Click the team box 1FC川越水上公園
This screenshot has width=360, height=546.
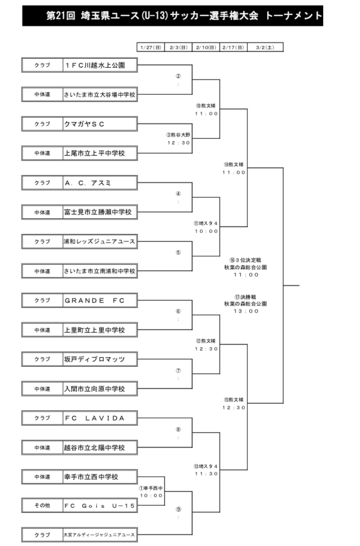click(x=95, y=65)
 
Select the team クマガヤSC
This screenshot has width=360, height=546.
click(x=84, y=124)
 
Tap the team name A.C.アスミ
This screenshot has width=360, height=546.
click(x=87, y=183)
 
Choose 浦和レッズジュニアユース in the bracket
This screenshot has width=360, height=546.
click(x=99, y=241)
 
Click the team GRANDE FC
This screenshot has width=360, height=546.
click(x=95, y=301)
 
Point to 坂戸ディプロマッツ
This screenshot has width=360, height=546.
click(x=95, y=360)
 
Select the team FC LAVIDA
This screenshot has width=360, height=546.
click(x=95, y=418)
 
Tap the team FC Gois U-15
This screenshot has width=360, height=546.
click(x=99, y=506)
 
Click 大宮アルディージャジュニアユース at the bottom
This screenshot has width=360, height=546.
click(x=99, y=534)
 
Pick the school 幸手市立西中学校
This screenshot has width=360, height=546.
click(x=91, y=477)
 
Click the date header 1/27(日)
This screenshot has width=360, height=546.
click(x=151, y=48)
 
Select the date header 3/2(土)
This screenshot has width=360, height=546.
click(x=265, y=48)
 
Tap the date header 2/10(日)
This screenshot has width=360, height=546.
click(x=206, y=48)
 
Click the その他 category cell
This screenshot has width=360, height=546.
click(x=42, y=505)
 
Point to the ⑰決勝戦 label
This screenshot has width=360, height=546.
click(x=245, y=297)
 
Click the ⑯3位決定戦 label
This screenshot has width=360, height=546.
click(x=245, y=260)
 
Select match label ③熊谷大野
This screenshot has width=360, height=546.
click(x=178, y=135)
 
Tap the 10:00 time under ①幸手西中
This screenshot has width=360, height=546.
click(x=151, y=496)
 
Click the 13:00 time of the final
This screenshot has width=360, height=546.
click(x=246, y=311)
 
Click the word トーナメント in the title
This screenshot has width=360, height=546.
click(x=294, y=16)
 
